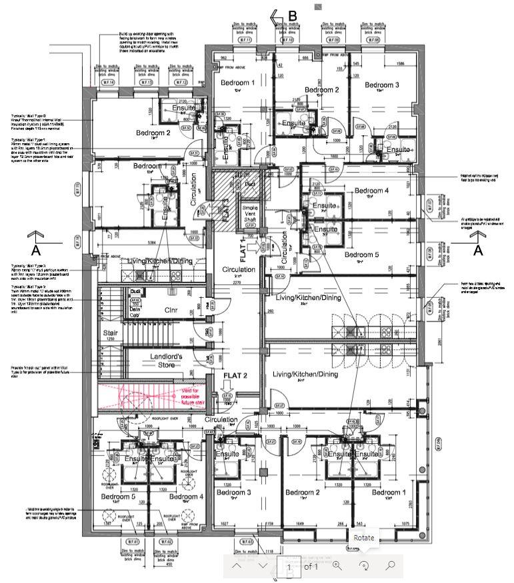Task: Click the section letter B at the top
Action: [x=292, y=16]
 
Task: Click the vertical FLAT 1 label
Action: [x=244, y=251]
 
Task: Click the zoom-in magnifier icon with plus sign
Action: [x=337, y=566]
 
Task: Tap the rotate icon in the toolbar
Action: [x=364, y=566]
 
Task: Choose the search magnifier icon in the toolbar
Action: [x=391, y=566]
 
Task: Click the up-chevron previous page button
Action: [x=237, y=566]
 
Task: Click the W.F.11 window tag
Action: [x=247, y=41]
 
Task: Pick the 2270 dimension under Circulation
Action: [x=236, y=283]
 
